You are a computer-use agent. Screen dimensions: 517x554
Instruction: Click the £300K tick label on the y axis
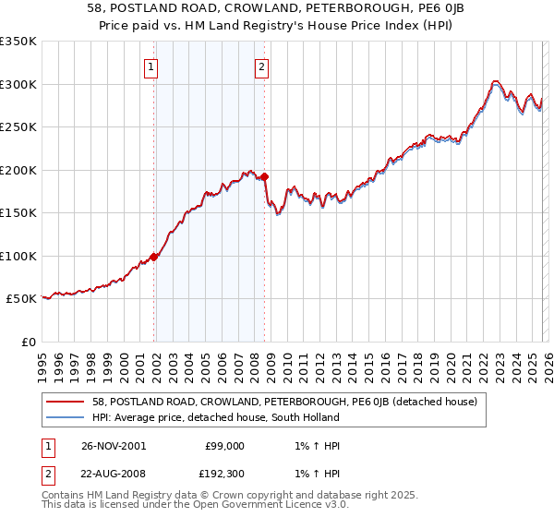pos(18,84)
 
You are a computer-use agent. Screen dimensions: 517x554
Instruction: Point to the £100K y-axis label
pos(18,256)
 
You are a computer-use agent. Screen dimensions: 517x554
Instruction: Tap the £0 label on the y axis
pos(30,342)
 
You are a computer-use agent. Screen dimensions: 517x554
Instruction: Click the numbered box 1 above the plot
pos(151,66)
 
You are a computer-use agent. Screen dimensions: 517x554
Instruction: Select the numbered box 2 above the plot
pos(261,66)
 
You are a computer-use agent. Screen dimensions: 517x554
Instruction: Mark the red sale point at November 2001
pos(154,258)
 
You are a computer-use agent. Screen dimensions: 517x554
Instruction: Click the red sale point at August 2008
pos(264,176)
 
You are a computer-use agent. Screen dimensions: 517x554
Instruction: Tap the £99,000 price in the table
pos(224,446)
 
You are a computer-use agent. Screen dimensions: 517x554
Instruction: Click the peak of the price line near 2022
pos(496,80)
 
